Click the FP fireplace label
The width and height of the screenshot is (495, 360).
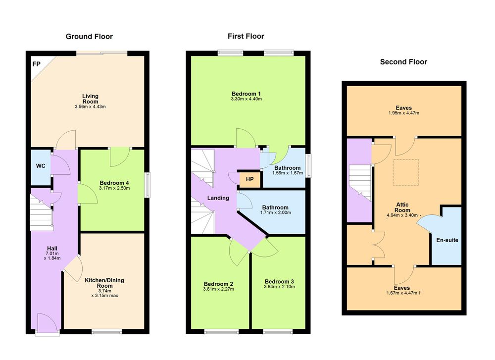click(36, 64)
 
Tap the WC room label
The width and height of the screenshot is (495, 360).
click(41, 166)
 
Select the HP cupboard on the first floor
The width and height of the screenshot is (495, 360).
click(249, 179)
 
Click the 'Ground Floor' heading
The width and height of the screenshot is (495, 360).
click(89, 37)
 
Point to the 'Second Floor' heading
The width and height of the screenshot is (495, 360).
click(403, 62)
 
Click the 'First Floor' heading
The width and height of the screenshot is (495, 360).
click(246, 36)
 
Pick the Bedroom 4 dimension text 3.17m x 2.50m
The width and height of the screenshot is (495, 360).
click(114, 188)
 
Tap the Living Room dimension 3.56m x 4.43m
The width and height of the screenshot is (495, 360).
click(90, 107)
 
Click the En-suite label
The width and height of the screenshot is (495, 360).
click(447, 240)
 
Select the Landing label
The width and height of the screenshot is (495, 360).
click(218, 198)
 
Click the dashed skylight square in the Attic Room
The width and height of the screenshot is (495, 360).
click(406, 172)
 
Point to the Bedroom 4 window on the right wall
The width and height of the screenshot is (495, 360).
click(148, 185)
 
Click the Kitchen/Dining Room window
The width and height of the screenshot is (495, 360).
click(106, 332)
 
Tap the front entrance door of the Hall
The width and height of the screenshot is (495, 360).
click(47, 323)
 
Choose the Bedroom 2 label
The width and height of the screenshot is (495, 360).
click(218, 284)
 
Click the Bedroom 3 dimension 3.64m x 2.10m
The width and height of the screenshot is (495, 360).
click(279, 287)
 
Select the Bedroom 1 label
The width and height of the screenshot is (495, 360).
click(246, 94)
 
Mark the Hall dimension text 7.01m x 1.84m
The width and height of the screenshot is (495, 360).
click(52, 256)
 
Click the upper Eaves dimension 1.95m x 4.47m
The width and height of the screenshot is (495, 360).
click(404, 113)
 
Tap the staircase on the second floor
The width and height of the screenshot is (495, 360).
click(360, 182)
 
